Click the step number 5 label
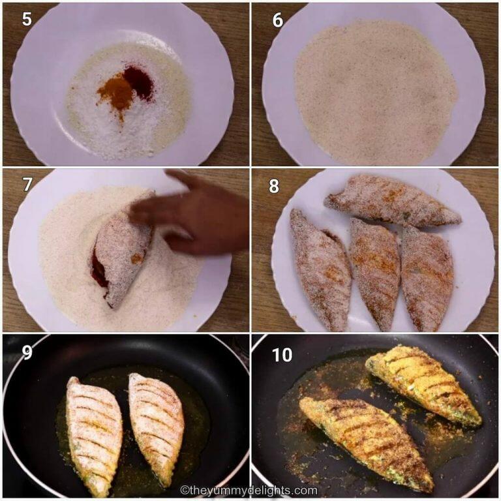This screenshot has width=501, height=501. coord(27,19)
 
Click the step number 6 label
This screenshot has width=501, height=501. coord(278,20)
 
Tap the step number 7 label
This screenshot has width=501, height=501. coord(27,185)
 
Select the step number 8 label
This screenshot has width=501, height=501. coord(274,186)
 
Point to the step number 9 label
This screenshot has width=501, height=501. coord(27,353)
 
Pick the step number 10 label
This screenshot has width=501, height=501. coord(282,354)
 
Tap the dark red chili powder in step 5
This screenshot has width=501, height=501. coord(139,82)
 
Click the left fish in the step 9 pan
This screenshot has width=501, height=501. coord(95,434)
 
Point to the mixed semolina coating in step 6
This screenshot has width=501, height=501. coord(375,91)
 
